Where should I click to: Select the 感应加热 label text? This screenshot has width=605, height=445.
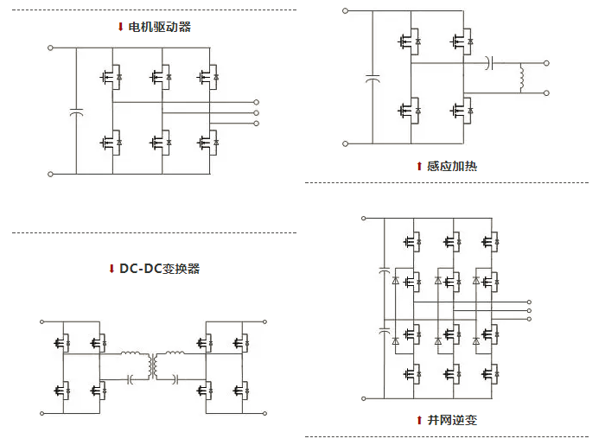tap(451, 166)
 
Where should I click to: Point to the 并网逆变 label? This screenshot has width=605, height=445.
tap(451, 420)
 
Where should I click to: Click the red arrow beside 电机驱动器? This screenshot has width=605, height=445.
tap(120, 27)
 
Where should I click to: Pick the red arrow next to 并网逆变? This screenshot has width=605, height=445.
tap(419, 420)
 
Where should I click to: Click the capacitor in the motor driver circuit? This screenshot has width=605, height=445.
tap(75, 112)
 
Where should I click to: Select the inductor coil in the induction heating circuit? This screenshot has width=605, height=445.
tap(521, 78)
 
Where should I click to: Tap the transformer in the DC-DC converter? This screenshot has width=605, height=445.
tap(152, 366)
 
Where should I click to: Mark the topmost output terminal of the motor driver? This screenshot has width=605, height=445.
tap(257, 102)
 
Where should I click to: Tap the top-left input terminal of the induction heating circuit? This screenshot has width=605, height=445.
tap(345, 12)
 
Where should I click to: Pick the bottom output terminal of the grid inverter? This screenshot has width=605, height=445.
tap(528, 317)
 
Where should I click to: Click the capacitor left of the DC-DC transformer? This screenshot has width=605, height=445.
tap(130, 378)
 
